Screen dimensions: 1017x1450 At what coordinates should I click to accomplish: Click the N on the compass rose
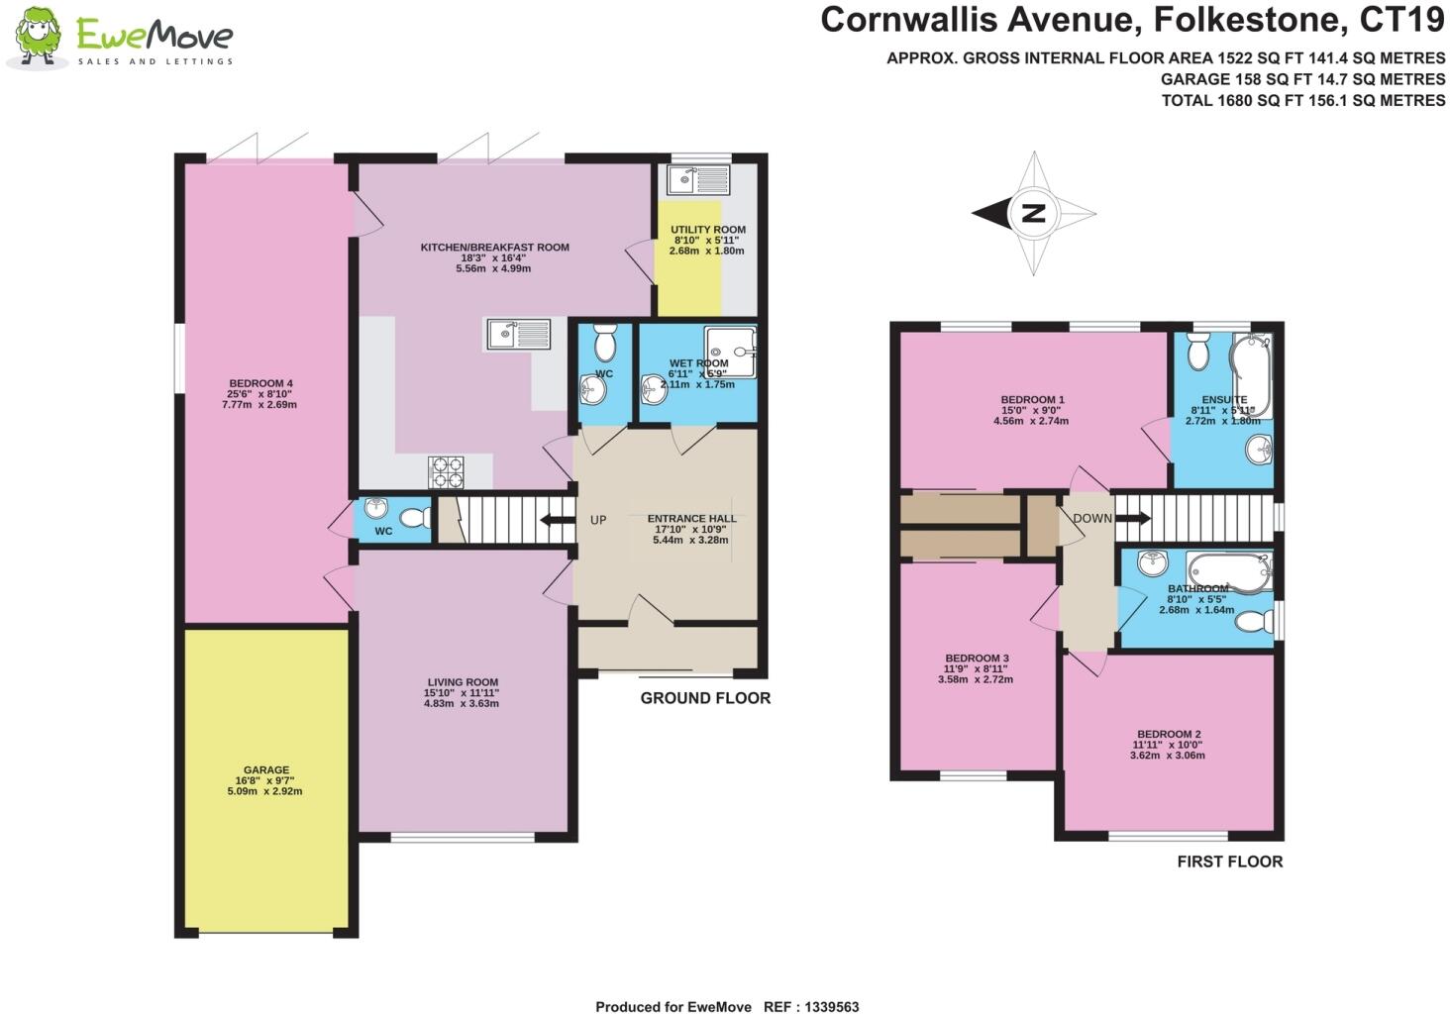(x=1033, y=213)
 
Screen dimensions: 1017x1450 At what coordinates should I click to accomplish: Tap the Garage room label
(x=265, y=769)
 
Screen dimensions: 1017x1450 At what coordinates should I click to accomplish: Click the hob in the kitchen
(x=446, y=471)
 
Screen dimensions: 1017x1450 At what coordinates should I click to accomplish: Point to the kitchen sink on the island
(x=518, y=334)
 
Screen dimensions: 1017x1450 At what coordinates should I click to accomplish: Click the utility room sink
(x=697, y=179)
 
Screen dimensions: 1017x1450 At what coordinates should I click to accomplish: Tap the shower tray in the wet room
(x=731, y=352)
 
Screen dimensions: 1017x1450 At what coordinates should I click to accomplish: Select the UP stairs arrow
(x=557, y=520)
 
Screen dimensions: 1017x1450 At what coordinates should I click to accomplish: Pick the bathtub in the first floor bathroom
(x=1228, y=571)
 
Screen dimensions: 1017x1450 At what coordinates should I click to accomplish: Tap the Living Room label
(x=463, y=682)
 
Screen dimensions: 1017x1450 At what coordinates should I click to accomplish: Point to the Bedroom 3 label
(x=977, y=659)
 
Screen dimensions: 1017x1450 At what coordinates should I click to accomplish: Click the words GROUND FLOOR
(x=704, y=698)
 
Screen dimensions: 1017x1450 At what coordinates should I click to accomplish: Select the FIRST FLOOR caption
(x=1229, y=862)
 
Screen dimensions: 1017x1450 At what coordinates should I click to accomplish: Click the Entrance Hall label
(x=691, y=519)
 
